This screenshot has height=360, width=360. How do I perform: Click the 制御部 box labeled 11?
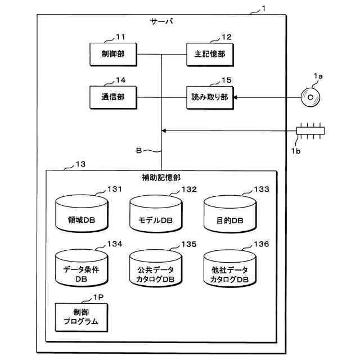pyautogui.click(x=113, y=55)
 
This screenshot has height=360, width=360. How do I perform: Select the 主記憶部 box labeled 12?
pyautogui.click(x=210, y=55)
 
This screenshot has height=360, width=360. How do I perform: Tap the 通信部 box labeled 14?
pyautogui.click(x=113, y=97)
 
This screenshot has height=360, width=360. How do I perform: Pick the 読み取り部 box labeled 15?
pyautogui.click(x=210, y=97)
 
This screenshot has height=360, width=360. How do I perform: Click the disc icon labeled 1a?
pyautogui.click(x=310, y=97)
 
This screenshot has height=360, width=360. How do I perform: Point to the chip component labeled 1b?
pyautogui.click(x=310, y=130)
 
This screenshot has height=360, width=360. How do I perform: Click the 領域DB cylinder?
pyautogui.click(x=82, y=214)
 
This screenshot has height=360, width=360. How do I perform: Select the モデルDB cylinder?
pyautogui.click(x=156, y=214)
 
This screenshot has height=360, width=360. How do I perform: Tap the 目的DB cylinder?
pyautogui.click(x=230, y=214)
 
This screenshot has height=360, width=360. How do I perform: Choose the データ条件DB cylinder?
pyautogui.click(x=81, y=268)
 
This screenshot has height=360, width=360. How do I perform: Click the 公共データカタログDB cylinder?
pyautogui.click(x=156, y=268)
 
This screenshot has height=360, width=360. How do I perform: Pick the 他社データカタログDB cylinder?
pyautogui.click(x=230, y=268)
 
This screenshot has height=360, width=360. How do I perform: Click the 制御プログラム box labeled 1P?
pyautogui.click(x=81, y=317)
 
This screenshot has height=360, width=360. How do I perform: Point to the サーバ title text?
pyautogui.click(x=161, y=21)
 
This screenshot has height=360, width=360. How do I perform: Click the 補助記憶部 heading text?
pyautogui.click(x=161, y=178)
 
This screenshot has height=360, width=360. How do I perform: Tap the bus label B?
pyautogui.click(x=139, y=150)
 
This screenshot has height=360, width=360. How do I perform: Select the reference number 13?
pyautogui.click(x=80, y=164)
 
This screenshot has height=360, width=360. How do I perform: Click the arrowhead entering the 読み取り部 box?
pyautogui.click(x=235, y=97)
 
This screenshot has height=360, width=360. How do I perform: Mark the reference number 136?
pyautogui.click(x=262, y=244)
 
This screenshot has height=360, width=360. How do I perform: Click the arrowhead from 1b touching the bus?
pyautogui.click(x=164, y=130)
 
